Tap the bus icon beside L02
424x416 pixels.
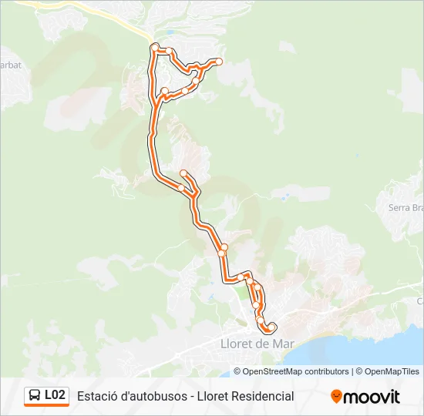pyautogui.click(x=35, y=396)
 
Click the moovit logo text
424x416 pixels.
pyautogui.click(x=372, y=397)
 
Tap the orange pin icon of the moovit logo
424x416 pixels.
pyautogui.click(x=336, y=397)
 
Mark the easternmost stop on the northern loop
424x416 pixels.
pyautogui.click(x=219, y=61)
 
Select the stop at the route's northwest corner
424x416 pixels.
pyautogui.click(x=155, y=48)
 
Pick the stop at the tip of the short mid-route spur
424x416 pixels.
pyautogui.click(x=183, y=173)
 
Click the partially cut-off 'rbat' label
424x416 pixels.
pyautogui.click(x=11, y=65)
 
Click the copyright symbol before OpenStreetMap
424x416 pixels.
pyautogui.click(x=238, y=371)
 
